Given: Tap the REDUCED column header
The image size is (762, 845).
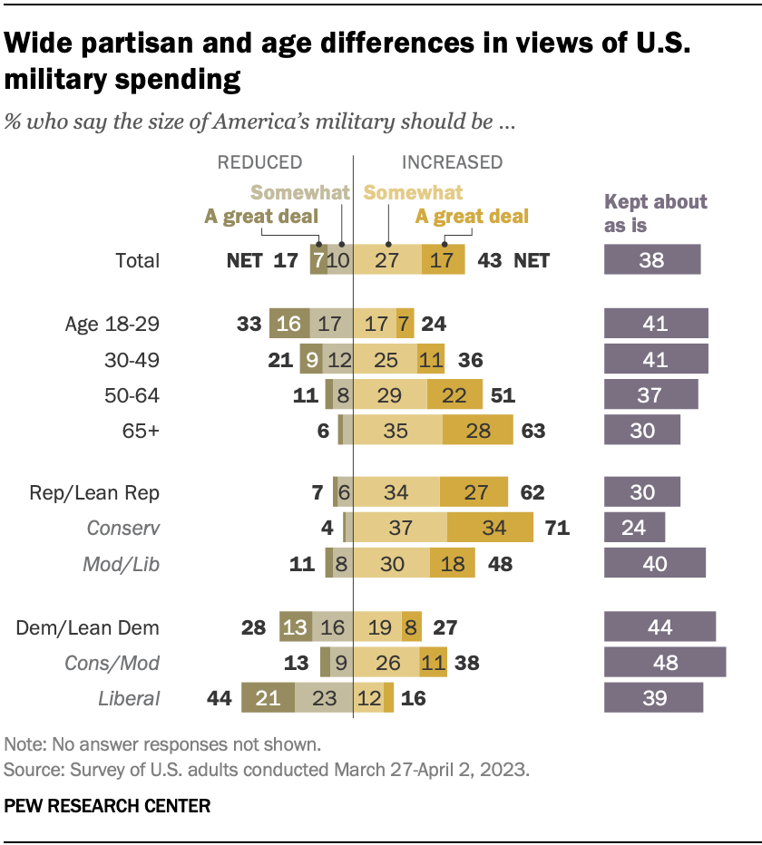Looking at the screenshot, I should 259,162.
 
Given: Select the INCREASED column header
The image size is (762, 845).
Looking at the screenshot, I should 452,162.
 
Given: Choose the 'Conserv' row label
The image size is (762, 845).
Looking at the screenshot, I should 122,527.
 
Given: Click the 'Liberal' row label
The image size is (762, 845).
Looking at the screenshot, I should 129,698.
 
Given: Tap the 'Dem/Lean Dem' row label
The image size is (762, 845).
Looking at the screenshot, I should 89,627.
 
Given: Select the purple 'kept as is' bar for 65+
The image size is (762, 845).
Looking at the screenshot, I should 642,430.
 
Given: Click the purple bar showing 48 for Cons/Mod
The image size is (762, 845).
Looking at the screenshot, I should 665,663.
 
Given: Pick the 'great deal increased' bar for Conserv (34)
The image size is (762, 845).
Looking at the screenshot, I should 490,527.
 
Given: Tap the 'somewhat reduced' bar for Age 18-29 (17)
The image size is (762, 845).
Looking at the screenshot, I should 330,324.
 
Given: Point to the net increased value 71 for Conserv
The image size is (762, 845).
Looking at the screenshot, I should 555,527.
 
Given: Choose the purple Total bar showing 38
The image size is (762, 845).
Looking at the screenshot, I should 652,260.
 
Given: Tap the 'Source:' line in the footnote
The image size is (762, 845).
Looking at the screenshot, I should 268,771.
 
